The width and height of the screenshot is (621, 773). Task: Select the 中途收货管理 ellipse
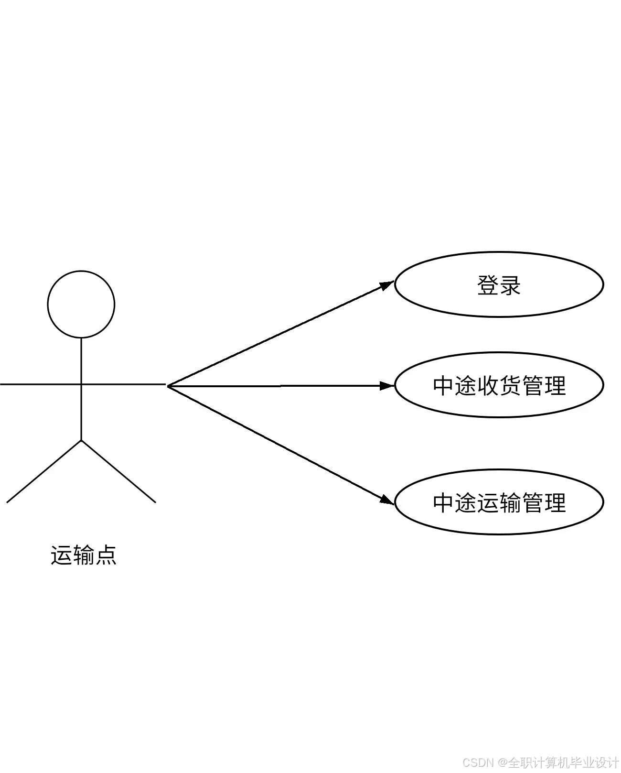tap(499, 385)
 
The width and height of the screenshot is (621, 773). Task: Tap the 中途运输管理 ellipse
tap(499, 502)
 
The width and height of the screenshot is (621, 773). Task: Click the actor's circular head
tap(81, 304)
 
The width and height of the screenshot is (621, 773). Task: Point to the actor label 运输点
tap(84, 555)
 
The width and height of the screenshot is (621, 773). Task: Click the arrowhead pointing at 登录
tap(386, 285)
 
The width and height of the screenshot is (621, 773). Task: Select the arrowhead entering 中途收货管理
tap(386, 385)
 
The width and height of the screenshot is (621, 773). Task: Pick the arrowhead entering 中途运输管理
tap(386, 500)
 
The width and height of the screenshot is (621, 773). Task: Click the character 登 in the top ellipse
tap(488, 285)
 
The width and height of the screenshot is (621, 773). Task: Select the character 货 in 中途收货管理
tap(510, 385)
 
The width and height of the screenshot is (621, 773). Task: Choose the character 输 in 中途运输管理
tap(510, 503)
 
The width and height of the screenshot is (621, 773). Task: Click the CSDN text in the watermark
tap(478, 762)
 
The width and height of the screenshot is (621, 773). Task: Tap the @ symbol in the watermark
tap(503, 762)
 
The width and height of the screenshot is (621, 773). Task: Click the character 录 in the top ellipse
tap(510, 285)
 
